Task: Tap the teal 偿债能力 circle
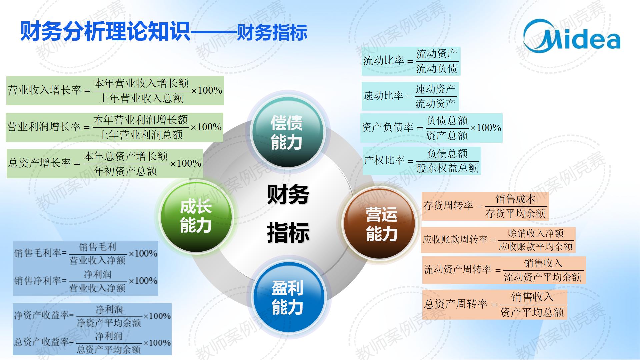287,132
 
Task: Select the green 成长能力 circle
196,216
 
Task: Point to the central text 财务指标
288,213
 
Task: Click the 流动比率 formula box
411,61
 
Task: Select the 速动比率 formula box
410,96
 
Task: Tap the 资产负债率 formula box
431,128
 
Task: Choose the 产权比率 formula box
422,161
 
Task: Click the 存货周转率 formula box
485,206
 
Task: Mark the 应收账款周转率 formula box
498,240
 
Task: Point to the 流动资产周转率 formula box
504,270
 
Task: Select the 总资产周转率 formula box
495,304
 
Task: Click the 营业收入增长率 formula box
115,91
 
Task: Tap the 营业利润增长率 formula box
114,127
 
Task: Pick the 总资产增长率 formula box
105,164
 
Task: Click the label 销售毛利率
38,253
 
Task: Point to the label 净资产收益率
41,315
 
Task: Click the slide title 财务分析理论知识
105,32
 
